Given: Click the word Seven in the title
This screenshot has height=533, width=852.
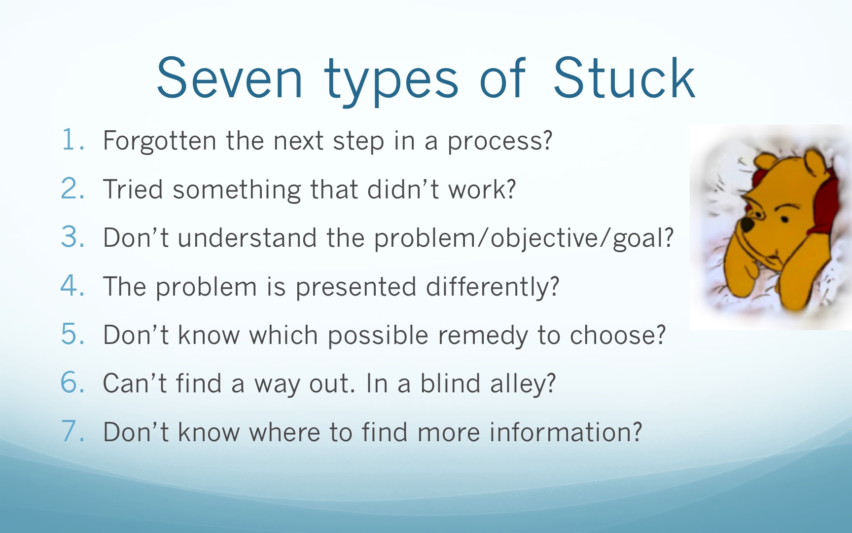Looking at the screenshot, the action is coord(229,78).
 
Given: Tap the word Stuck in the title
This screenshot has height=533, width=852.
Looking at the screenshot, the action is coord(624,77).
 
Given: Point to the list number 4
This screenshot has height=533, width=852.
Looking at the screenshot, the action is coord(72,286).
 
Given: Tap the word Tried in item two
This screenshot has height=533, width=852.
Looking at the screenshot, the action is coord(133,189).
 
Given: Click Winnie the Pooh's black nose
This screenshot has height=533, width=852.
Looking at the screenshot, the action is coord(747,225).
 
